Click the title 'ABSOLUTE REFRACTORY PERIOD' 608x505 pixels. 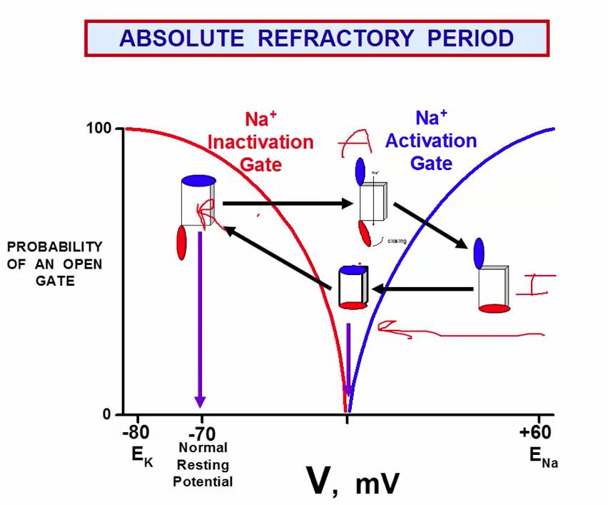[x=316, y=38]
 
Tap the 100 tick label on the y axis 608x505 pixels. [x=99, y=129]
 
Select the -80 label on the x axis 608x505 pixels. [x=136, y=434]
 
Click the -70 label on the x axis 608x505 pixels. [x=202, y=434]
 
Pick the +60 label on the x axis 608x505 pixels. [x=535, y=434]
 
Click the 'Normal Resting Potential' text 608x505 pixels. [x=203, y=464]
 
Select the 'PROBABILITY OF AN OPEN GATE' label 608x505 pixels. [x=55, y=264]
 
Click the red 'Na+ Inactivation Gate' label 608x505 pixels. [x=260, y=141]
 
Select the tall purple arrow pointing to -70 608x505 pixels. [x=201, y=321]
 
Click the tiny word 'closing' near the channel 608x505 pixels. [x=397, y=241]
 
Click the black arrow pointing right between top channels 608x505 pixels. [x=288, y=204]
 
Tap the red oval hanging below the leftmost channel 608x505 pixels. [x=181, y=242]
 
